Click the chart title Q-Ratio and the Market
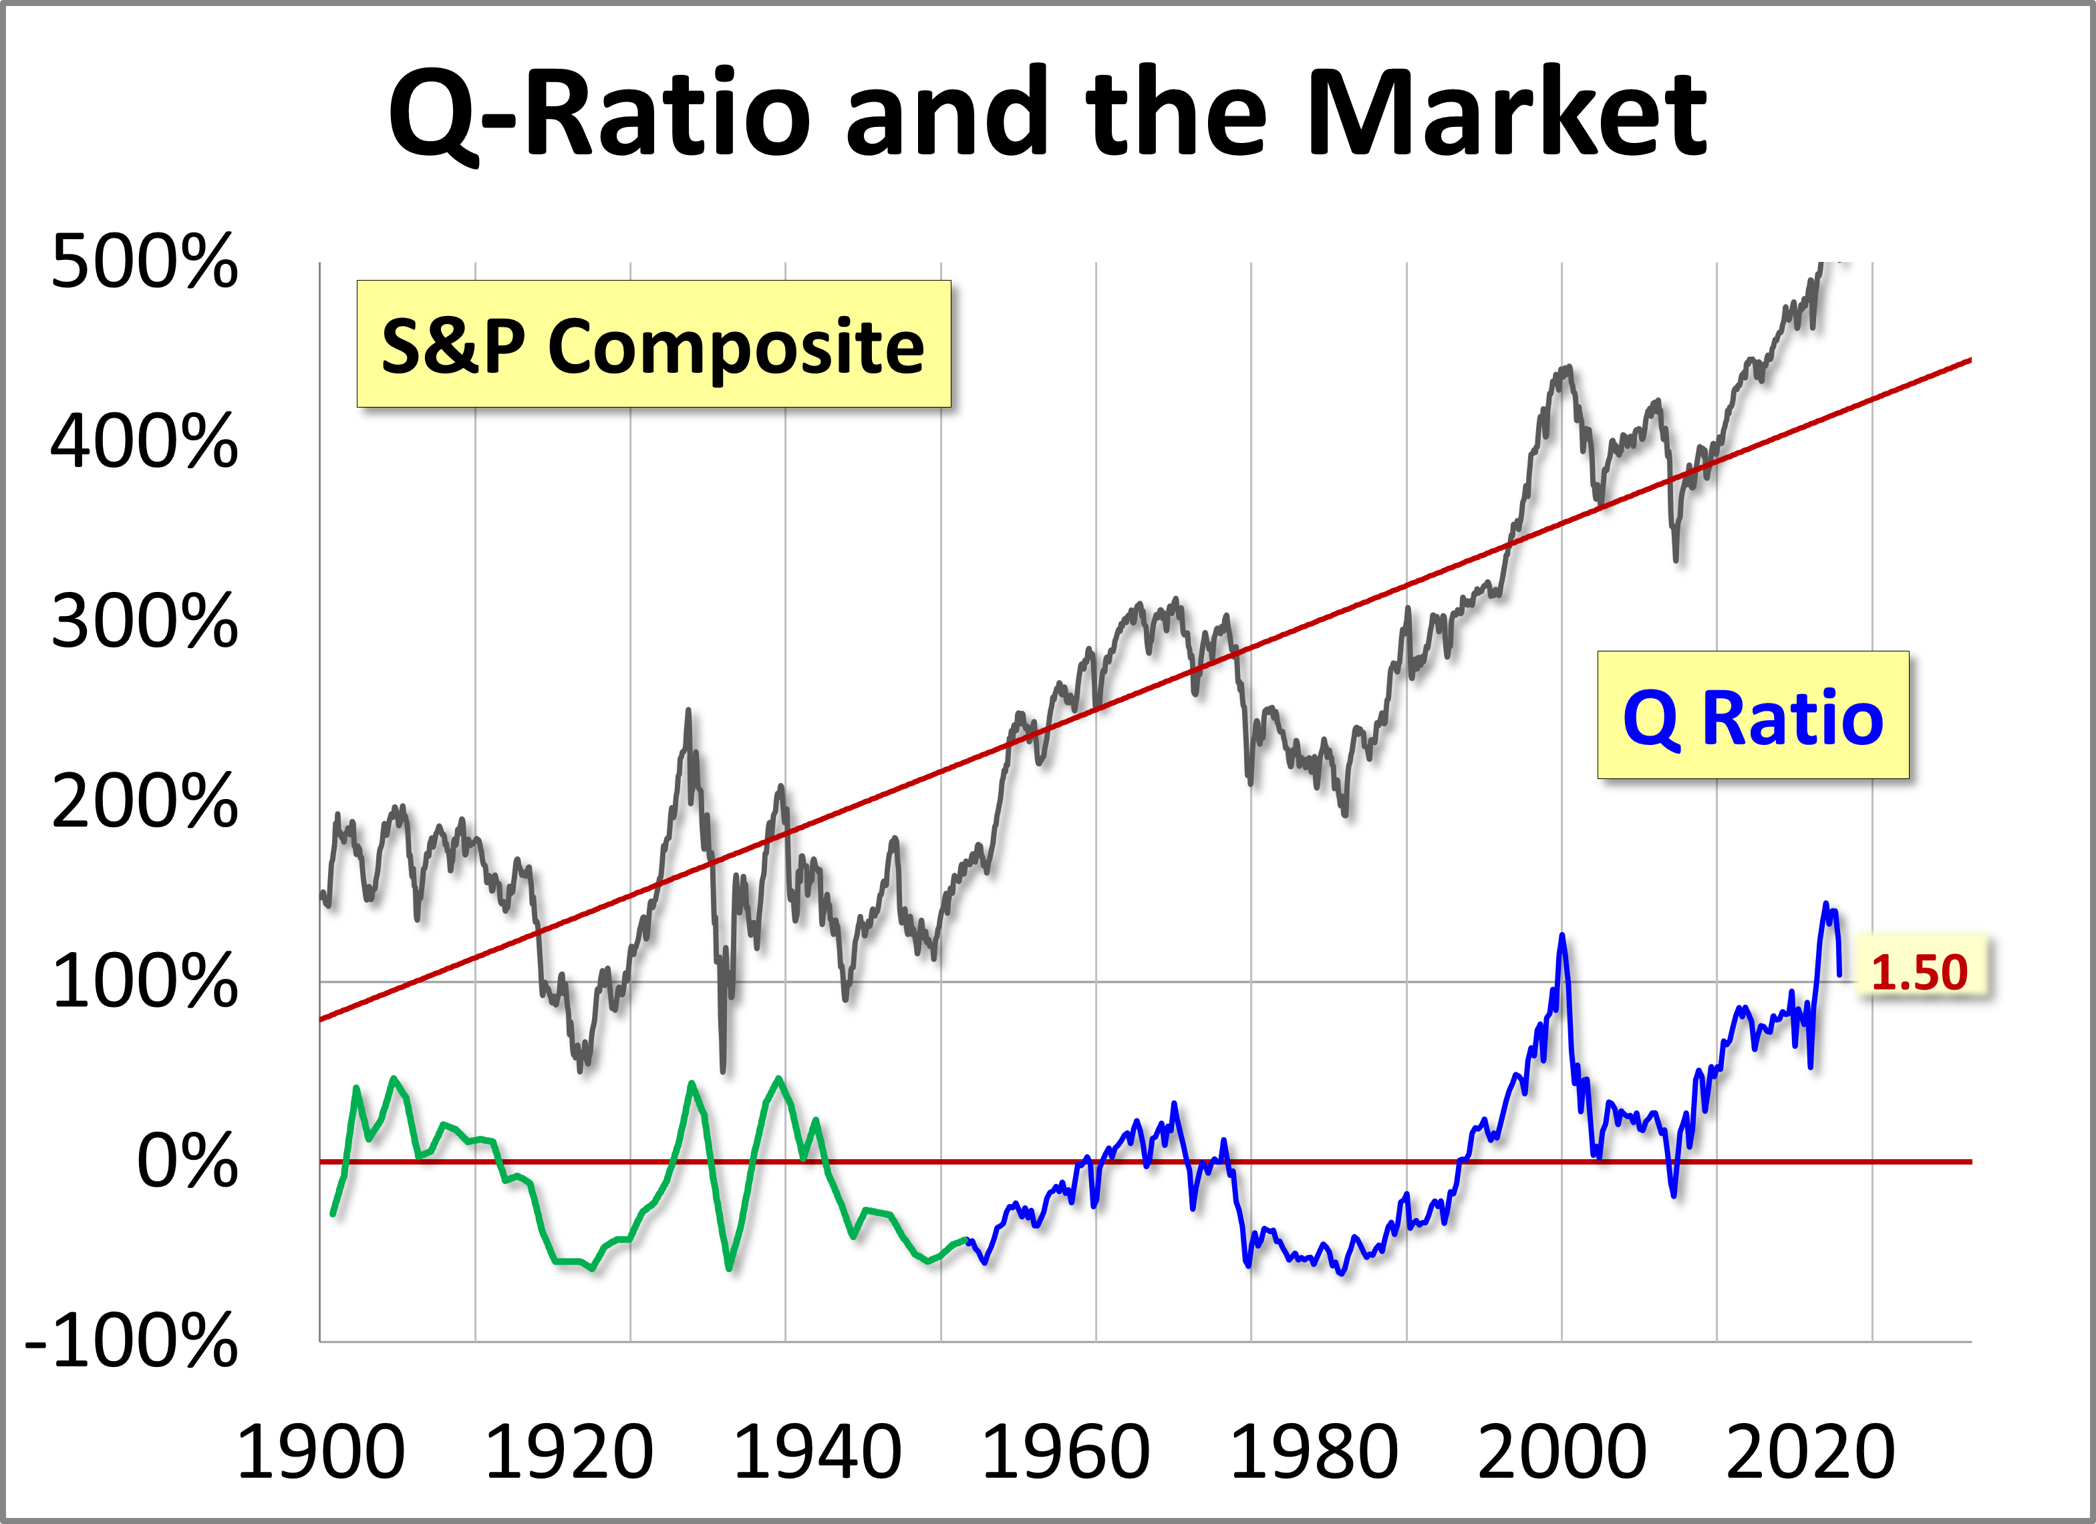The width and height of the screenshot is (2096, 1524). tap(1047, 113)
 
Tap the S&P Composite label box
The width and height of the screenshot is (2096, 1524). tap(653, 344)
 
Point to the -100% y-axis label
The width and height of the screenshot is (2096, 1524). tap(131, 1340)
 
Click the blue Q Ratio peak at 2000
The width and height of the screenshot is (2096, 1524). tap(1562, 936)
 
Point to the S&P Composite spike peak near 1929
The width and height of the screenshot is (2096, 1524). tap(688, 711)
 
